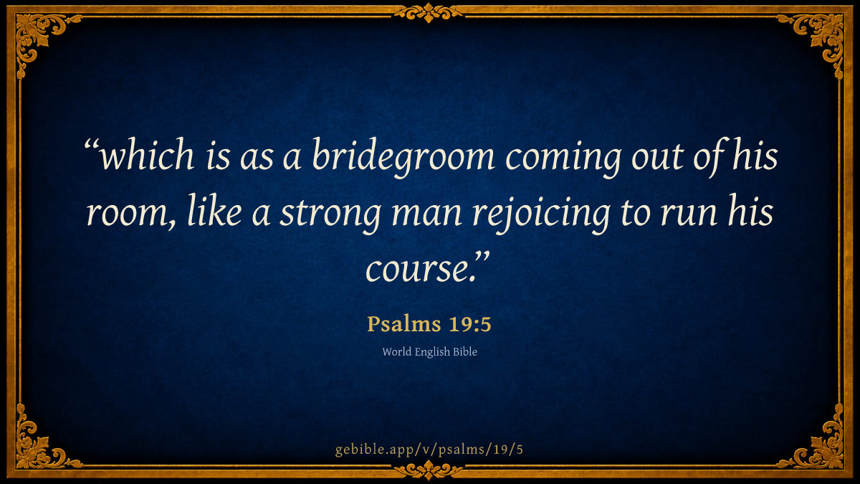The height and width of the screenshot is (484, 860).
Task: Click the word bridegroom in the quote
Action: [x=403, y=158]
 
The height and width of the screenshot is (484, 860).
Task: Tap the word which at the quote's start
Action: [x=148, y=155]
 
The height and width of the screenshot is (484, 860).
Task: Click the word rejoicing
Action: [x=541, y=214]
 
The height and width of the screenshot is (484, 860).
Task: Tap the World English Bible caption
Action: [x=429, y=352]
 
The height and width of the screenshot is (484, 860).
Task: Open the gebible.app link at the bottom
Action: [x=429, y=450]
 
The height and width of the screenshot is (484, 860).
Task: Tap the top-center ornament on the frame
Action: [x=429, y=13]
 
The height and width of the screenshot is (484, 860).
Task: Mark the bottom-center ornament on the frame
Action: [x=429, y=470]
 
